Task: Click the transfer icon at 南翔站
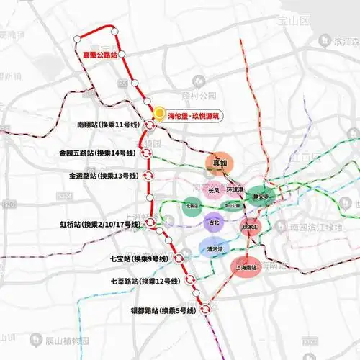coord(148,125)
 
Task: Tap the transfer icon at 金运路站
coord(148,175)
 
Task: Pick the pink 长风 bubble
coord(213,191)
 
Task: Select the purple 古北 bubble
coord(214,222)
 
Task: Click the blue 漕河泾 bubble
coord(210,249)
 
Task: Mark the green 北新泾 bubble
coord(192,205)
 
